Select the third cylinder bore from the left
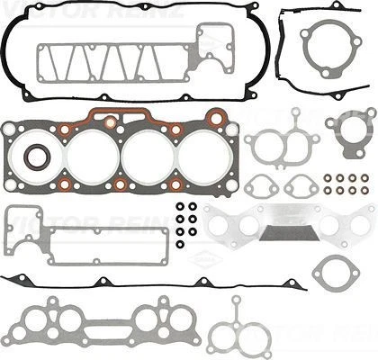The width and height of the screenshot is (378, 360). (x=163, y=154)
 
